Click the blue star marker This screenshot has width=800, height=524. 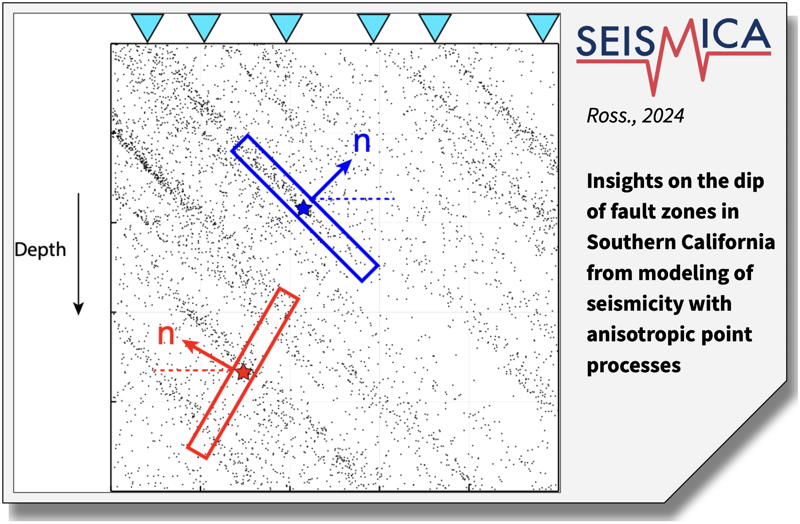304,208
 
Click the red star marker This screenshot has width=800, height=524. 243,372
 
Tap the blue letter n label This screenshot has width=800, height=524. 362,142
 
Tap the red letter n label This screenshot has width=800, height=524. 166,335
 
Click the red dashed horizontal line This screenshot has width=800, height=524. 193,370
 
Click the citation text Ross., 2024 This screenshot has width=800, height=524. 635,116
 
